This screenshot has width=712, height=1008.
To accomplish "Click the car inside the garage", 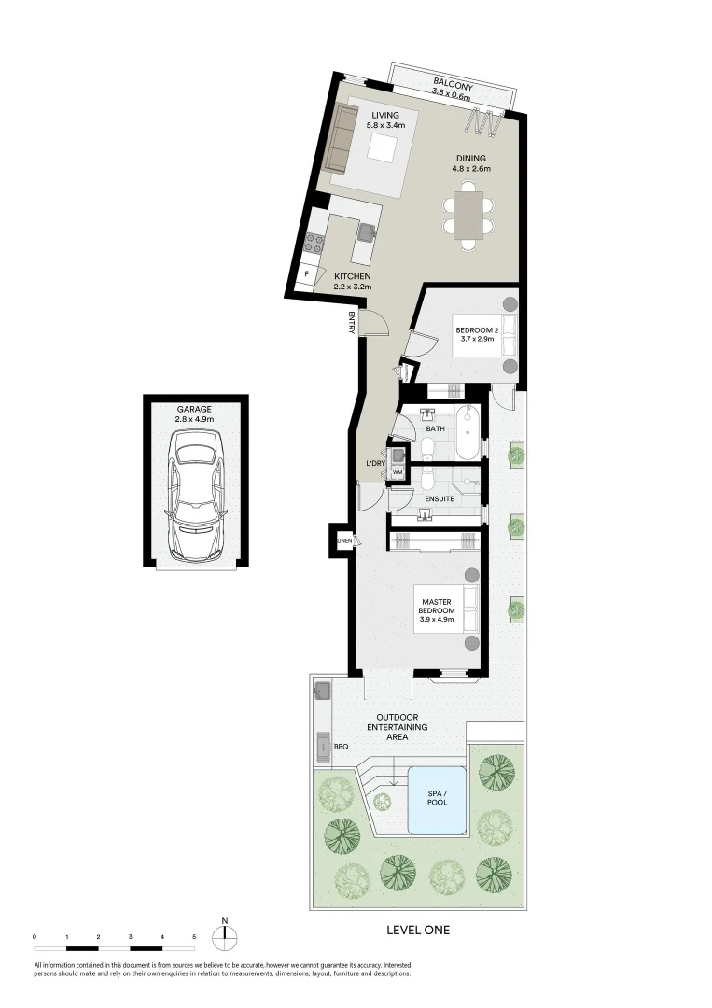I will tap(195, 499).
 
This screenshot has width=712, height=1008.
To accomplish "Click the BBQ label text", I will tap(342, 747).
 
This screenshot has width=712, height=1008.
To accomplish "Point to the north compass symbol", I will tap(225, 936).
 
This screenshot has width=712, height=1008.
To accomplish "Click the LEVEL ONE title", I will tap(418, 930).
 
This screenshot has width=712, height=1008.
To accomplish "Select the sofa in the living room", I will tap(341, 138).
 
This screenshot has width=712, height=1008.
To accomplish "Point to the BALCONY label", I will tap(453, 86).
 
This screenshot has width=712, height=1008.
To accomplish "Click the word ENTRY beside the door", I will tap(352, 322).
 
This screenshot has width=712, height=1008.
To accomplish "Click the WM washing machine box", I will tap(398, 473).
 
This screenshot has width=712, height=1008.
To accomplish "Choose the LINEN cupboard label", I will tap(343, 541).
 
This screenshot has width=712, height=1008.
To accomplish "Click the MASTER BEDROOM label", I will tap(437, 610).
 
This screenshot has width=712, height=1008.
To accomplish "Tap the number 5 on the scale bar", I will tap(194, 935).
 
